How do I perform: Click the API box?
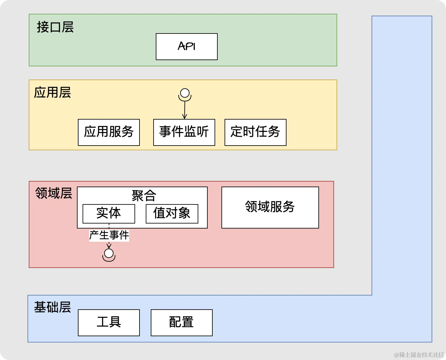pos(186,47)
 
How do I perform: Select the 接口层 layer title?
pos(55,27)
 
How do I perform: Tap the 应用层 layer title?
pos(52,93)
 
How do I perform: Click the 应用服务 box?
pos(109,132)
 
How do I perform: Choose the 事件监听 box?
pos(184,132)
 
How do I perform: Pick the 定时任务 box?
pos(255,132)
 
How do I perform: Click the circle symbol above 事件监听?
pos(185,93)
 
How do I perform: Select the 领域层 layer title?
pos(53,193)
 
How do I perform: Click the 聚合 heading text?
pos(144,196)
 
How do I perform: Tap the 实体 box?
pos(109,213)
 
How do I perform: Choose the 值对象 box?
pos(172,213)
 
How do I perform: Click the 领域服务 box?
pos(270,207)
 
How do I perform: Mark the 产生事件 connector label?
pos(109,235)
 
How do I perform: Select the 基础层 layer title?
pos(52,307)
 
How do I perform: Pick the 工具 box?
pos(109,322)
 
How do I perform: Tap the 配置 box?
pos(181,322)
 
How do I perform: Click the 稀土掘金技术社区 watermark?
pos(419,355)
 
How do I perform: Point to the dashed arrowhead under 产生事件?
pos(109,246)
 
